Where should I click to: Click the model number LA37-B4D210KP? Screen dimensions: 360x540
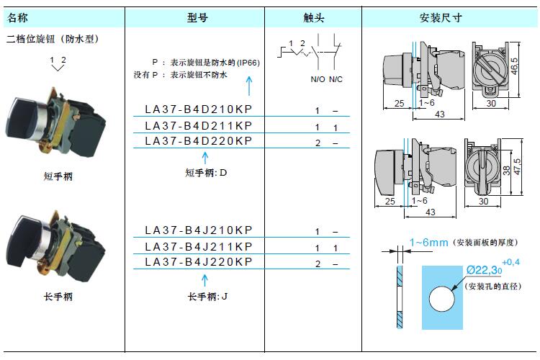coord(199,110)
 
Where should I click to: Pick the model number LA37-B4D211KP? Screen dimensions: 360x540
coord(199,126)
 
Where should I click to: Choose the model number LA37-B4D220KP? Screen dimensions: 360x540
coord(199,142)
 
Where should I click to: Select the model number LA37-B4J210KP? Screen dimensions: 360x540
coord(199,230)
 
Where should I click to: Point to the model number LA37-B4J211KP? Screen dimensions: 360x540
coord(199,246)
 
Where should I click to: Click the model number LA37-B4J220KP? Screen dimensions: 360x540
coord(199,262)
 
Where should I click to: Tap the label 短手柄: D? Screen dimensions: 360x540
coord(206,173)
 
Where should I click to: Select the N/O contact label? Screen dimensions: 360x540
coord(318,79)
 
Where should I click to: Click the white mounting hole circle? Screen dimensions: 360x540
coord(444,298)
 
